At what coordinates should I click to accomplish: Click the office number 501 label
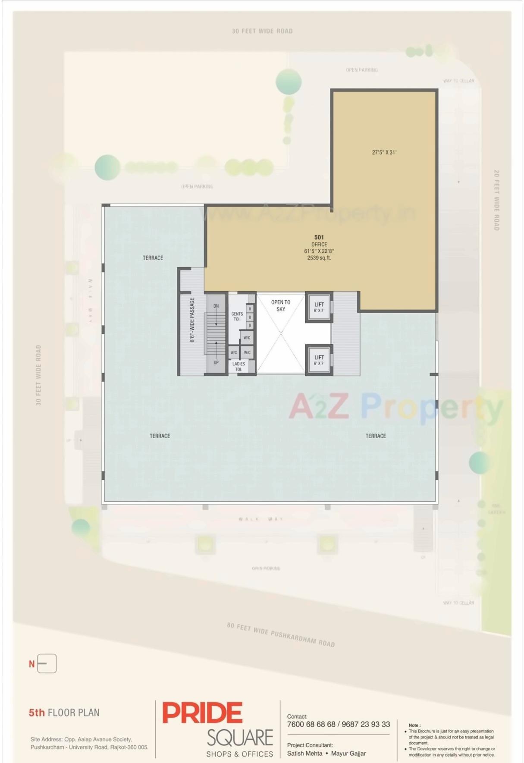(x=319, y=237)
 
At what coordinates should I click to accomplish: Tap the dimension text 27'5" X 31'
(x=384, y=152)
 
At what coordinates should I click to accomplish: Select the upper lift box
(x=319, y=307)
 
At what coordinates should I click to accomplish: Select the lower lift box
(x=319, y=360)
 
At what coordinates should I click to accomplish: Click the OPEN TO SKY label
(x=281, y=305)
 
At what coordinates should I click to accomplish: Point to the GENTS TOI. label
(x=237, y=316)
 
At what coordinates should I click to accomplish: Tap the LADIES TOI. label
(x=238, y=366)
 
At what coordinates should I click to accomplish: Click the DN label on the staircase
(x=216, y=306)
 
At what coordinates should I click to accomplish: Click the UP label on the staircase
(x=216, y=362)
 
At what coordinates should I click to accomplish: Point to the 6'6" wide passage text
(x=192, y=320)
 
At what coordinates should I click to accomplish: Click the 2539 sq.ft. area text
(x=319, y=258)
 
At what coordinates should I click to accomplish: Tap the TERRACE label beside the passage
(x=153, y=258)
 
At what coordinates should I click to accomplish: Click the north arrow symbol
(x=47, y=663)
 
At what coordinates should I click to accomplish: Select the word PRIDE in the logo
(x=202, y=713)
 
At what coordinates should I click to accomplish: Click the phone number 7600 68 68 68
(x=311, y=724)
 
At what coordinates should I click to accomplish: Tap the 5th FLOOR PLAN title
(x=64, y=713)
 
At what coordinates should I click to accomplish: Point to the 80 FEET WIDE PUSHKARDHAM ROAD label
(x=281, y=634)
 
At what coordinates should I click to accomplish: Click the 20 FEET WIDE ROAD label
(x=496, y=200)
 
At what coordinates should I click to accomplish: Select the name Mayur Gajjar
(x=348, y=753)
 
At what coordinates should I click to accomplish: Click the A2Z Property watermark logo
(x=395, y=407)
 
